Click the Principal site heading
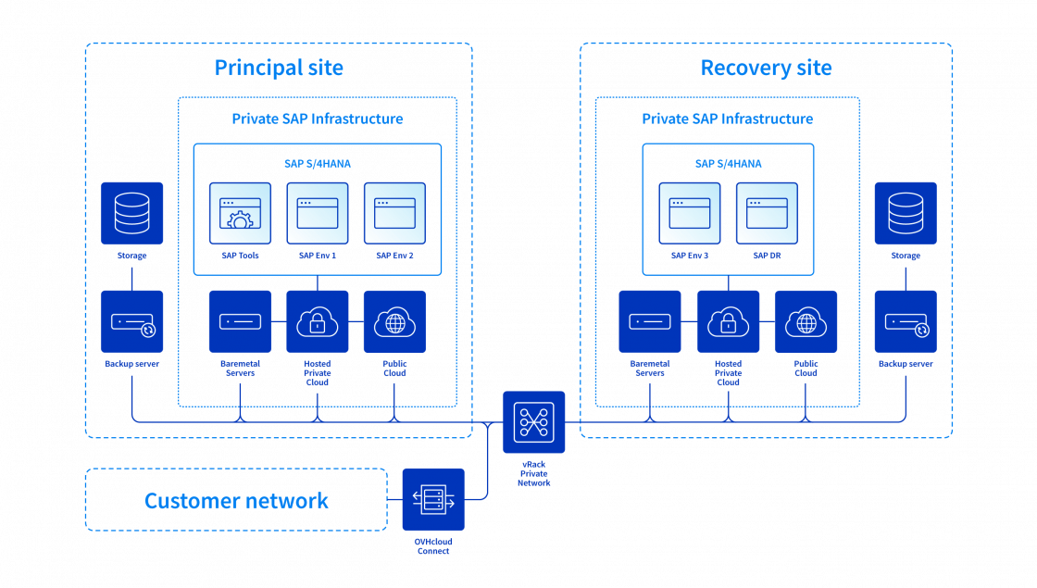[279, 69]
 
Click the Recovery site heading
[766, 69]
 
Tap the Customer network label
[236, 501]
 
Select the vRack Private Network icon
[533, 422]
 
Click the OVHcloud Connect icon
[433, 500]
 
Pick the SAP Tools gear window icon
[240, 214]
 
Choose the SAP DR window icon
[767, 214]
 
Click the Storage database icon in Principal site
[131, 213]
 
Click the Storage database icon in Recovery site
[905, 213]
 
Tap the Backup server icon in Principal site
[131, 321]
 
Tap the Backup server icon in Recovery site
[905, 321]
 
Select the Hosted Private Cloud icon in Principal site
[318, 321]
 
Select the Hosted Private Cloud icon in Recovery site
[728, 321]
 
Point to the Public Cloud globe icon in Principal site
[394, 321]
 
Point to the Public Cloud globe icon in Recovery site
[806, 321]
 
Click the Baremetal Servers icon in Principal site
[240, 321]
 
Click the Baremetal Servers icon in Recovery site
[650, 321]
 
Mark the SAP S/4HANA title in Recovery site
[728, 164]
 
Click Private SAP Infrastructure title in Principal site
[317, 119]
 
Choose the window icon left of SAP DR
[690, 214]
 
